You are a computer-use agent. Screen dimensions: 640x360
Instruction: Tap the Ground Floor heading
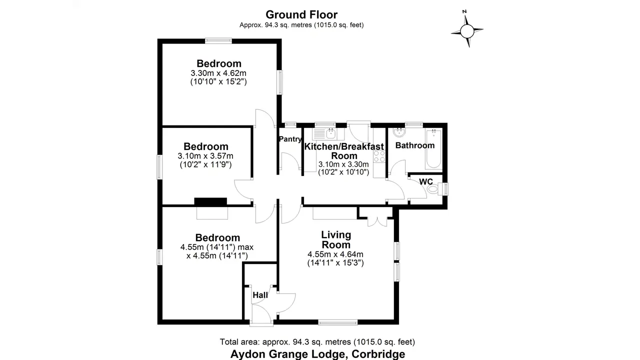301,14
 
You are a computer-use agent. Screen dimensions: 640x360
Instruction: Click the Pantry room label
290,139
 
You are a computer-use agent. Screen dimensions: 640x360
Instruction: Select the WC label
426,181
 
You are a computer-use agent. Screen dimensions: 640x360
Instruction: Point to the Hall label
260,295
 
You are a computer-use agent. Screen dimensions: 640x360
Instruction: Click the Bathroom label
415,145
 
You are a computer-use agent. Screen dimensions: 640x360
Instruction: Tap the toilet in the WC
435,189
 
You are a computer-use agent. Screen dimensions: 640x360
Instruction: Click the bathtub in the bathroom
433,149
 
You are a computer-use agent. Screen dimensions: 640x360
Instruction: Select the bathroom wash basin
399,132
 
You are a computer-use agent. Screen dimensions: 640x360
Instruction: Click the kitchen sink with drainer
324,133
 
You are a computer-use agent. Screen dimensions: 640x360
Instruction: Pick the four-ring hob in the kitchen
379,156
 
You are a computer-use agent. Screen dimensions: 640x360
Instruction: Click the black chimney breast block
210,201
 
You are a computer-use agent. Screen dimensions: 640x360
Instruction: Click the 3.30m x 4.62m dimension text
218,73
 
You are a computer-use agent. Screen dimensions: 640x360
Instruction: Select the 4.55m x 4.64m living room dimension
335,254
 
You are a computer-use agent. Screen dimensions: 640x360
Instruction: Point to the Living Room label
336,239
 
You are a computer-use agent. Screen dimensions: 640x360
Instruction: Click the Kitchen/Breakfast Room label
344,151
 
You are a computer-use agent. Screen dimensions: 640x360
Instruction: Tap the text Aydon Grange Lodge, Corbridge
317,354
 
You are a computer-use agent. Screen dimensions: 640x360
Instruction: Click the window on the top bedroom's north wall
218,41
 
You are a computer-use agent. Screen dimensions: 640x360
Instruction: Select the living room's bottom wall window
338,322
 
